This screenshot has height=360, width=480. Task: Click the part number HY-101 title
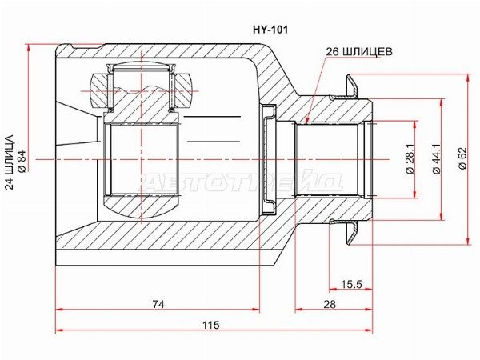pyautogui.click(x=270, y=30)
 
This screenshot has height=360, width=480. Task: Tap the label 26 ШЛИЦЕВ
pyautogui.click(x=358, y=52)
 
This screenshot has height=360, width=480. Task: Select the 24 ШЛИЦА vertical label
pyautogui.click(x=10, y=162)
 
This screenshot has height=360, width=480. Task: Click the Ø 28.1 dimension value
pyautogui.click(x=410, y=159)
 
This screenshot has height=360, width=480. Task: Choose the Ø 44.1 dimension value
pyautogui.click(x=436, y=159)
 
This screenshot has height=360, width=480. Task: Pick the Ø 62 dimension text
pyautogui.click(x=462, y=158)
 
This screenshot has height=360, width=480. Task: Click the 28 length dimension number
pyautogui.click(x=330, y=304)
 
